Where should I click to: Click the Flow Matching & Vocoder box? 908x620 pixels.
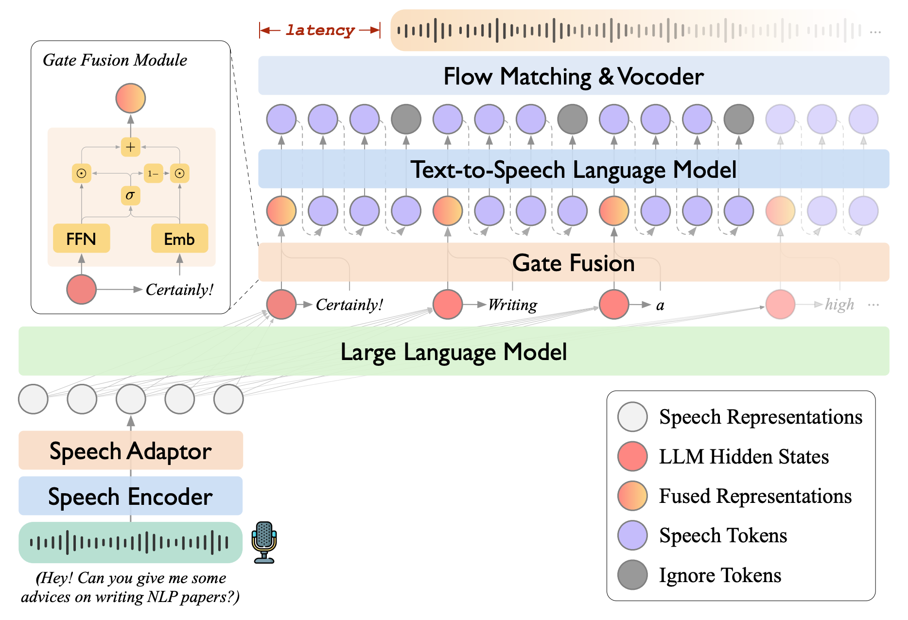coord(574,76)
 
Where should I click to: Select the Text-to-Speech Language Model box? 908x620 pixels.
coord(574,169)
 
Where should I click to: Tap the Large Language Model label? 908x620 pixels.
coord(454,352)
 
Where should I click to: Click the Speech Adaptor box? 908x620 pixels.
coord(130,450)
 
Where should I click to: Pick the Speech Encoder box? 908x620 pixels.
coord(130,496)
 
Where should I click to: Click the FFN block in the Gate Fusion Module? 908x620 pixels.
coord(81,239)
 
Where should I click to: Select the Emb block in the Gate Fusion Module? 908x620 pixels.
coord(179,239)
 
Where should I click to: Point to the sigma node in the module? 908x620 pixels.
coord(130,195)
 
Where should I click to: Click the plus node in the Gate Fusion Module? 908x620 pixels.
coord(130,147)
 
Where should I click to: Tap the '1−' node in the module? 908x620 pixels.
coord(153,173)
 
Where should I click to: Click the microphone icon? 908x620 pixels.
coord(264,542)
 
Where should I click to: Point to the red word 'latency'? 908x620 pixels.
coord(320,30)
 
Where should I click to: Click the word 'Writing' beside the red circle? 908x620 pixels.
coord(512,305)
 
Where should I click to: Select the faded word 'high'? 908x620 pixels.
coord(839,305)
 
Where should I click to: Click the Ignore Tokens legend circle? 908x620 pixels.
coord(632,575)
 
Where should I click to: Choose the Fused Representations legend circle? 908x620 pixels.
coord(632,496)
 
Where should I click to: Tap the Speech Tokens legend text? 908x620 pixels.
coord(723,535)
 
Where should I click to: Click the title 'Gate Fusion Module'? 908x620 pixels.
coord(115,60)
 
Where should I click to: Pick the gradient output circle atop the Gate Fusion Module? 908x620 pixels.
coord(130,98)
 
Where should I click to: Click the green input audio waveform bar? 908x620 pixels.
coord(130,542)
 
